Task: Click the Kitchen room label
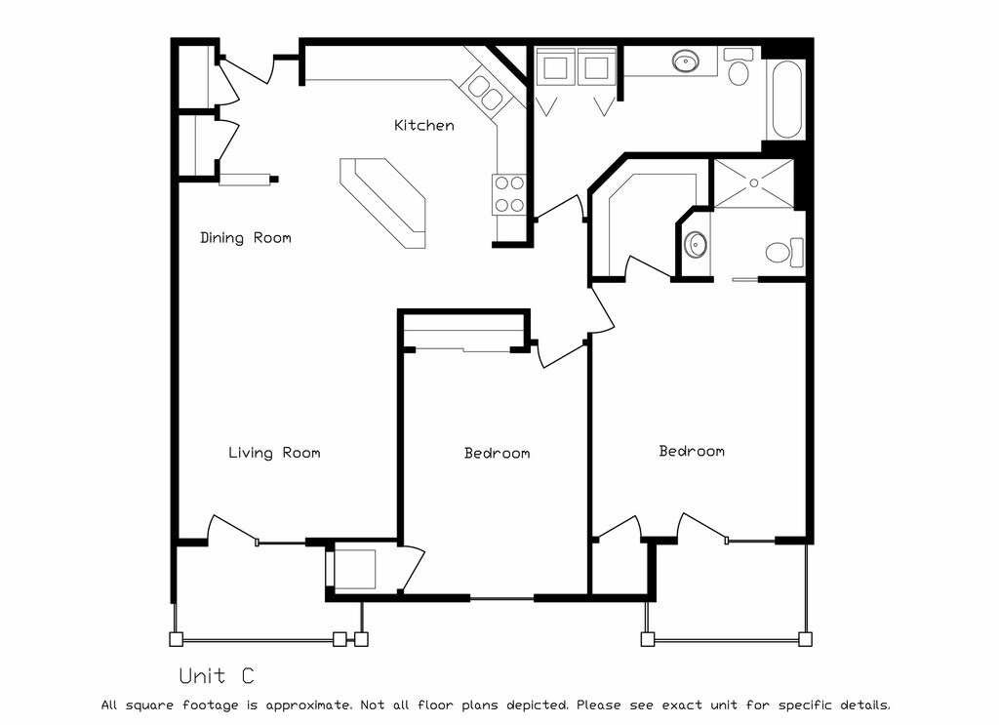[x=423, y=125]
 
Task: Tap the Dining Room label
[x=245, y=237]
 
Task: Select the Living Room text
[x=274, y=453]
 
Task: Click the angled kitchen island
[x=384, y=202]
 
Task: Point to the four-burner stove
[x=508, y=193]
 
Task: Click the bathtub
[x=787, y=101]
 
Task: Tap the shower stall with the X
[x=754, y=183]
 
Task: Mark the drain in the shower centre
[x=754, y=183]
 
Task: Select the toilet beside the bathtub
[x=738, y=68]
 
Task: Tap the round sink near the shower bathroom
[x=696, y=244]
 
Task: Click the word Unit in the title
[x=202, y=675]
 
